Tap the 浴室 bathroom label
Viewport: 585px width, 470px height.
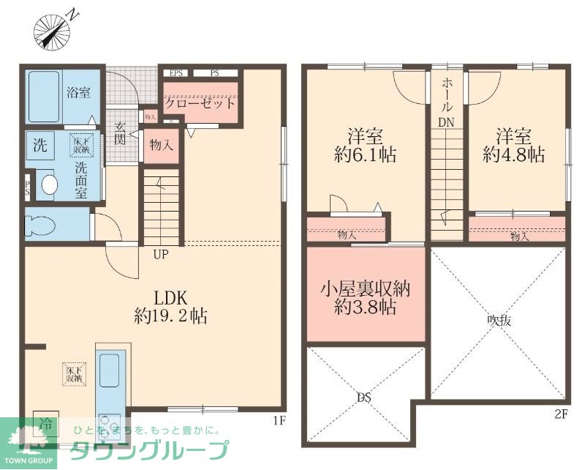[x=78, y=93]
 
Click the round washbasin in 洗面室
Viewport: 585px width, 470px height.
[x=49, y=184]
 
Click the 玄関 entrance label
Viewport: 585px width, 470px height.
[x=121, y=133]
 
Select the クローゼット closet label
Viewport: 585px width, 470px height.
[x=200, y=103]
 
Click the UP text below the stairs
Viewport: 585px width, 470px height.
[x=162, y=255]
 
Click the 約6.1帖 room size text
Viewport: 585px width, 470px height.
[x=366, y=155]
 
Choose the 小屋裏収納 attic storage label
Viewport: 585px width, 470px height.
[x=366, y=288]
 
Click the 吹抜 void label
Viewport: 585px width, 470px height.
[x=499, y=320]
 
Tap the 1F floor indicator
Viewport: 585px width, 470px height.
[x=278, y=420]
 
